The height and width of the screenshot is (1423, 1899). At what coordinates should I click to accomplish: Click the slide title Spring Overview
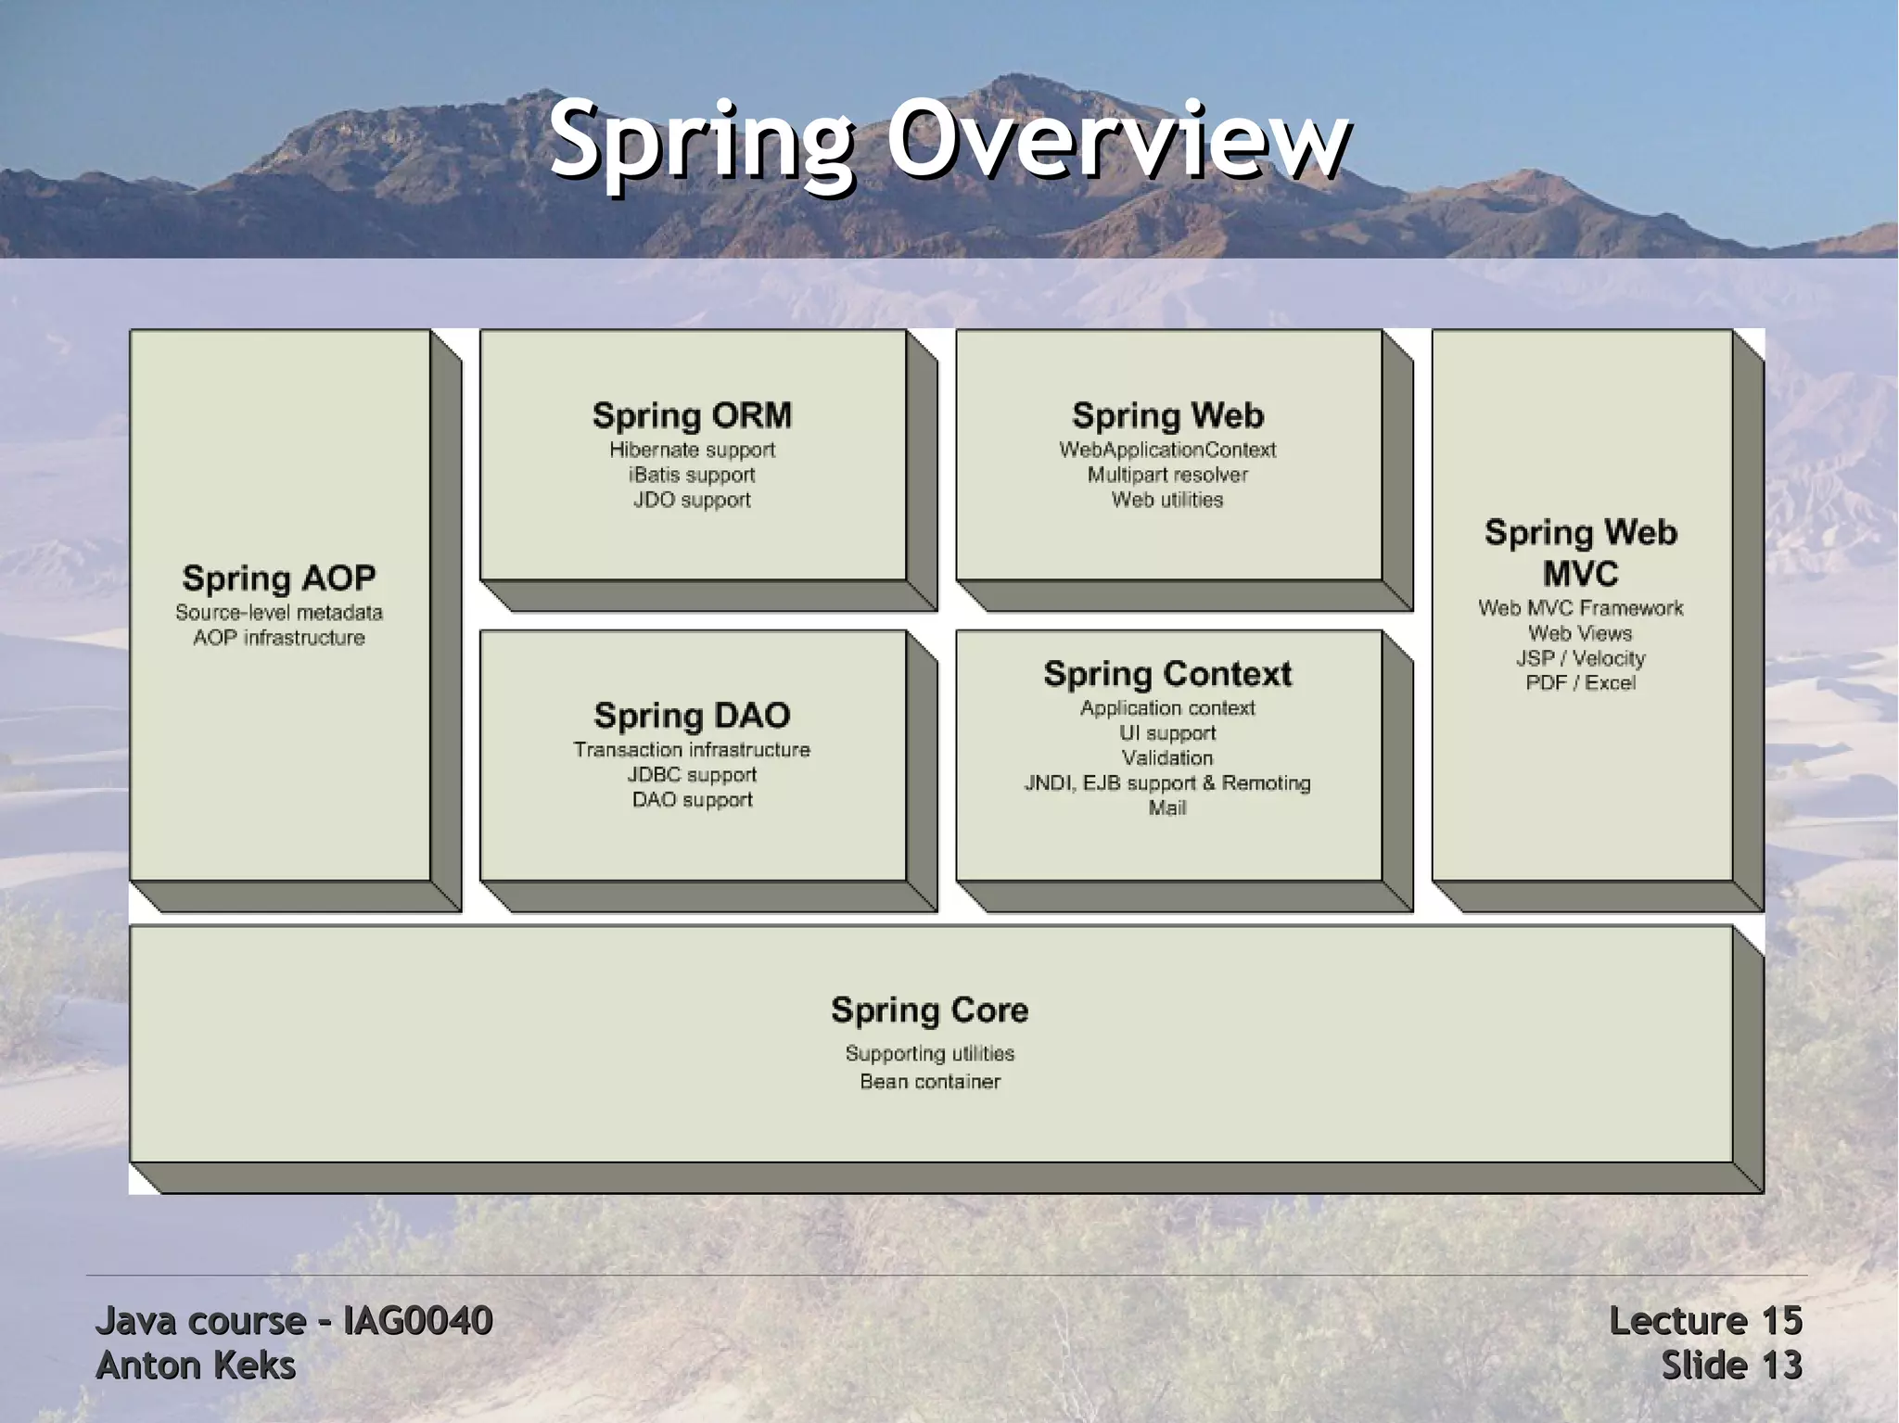pos(949,141)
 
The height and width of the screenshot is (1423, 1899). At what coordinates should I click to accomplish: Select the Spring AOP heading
pos(279,578)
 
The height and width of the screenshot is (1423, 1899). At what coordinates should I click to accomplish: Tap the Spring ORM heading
pos(692,415)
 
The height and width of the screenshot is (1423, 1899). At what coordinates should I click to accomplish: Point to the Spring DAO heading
pos(692,715)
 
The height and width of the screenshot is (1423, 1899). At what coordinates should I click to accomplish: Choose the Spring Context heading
pos(1167,673)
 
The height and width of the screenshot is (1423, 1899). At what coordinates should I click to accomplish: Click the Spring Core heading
pos(929,1010)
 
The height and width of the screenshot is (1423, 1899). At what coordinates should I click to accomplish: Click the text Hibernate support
pos(692,450)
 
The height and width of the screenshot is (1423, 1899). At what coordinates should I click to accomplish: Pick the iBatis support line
pos(692,475)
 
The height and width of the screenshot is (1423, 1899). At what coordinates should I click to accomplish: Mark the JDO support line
pos(692,500)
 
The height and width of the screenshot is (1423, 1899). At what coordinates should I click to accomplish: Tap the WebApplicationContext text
pos(1167,450)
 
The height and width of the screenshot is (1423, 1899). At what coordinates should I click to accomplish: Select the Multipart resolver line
pos(1167,475)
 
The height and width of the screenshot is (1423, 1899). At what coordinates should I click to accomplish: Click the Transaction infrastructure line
pos(692,749)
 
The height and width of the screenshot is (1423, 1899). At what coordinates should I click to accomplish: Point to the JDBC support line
pos(692,774)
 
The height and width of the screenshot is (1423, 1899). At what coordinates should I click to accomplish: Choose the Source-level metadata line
pos(279,612)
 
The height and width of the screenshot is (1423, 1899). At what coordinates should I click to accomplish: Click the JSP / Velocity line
pos(1580,658)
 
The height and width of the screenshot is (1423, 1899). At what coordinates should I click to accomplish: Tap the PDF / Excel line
pos(1580,682)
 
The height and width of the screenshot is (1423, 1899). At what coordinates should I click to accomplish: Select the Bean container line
pos(929,1081)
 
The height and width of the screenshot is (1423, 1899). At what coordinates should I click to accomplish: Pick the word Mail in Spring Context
pos(1167,807)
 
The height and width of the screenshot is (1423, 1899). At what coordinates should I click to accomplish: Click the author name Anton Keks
pos(196,1366)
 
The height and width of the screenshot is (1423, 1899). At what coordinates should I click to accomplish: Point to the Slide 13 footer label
pos(1730,1366)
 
